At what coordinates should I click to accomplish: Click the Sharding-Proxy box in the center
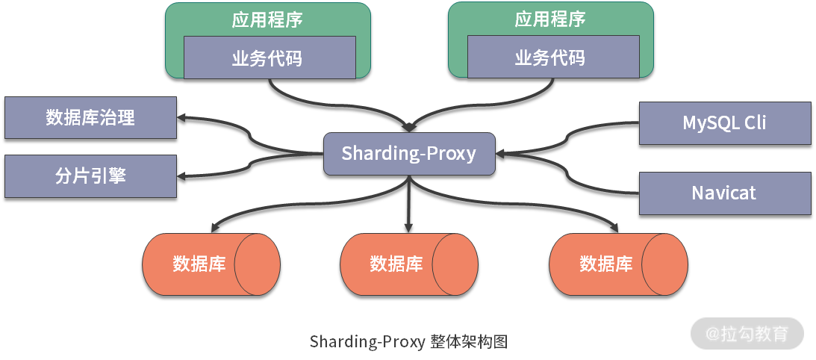coord(408,154)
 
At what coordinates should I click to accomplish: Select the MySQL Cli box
coord(724,122)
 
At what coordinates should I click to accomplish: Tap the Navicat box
coord(724,193)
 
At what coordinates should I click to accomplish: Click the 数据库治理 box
coord(90,117)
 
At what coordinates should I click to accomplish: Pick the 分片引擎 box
coord(90,176)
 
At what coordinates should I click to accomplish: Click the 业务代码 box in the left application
coord(269,58)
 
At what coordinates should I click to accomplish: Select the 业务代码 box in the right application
coord(552,58)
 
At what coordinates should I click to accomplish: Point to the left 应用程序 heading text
coord(267,19)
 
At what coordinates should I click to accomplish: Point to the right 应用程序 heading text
coord(550,19)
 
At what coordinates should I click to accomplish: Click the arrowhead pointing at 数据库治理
coord(182,117)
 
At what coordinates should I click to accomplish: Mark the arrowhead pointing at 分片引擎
coord(182,176)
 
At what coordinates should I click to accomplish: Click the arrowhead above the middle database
coord(408,226)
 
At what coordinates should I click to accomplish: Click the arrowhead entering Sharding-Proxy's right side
coord(500,154)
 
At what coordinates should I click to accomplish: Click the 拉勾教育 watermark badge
coord(747,334)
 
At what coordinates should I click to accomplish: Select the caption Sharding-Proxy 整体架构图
coord(408,342)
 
